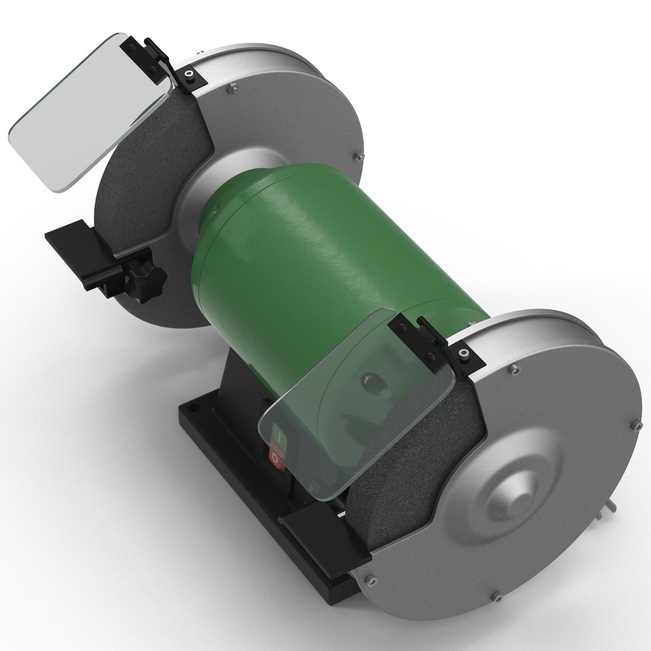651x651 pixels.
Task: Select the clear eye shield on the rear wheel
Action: [x=84, y=115]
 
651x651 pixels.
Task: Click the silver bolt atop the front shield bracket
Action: [x=464, y=353]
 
